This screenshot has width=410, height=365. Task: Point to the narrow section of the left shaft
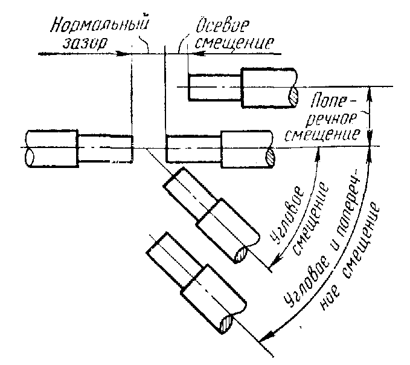click(x=105, y=147)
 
